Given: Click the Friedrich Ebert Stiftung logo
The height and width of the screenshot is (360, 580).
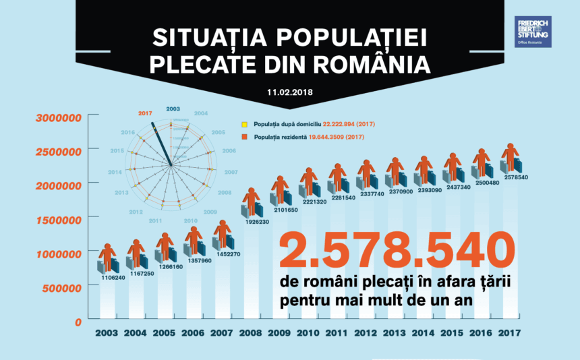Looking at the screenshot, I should click(533, 32).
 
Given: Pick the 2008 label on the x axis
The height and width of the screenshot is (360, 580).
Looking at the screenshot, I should click(251, 333).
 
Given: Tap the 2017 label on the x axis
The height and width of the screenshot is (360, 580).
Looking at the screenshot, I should click(511, 333).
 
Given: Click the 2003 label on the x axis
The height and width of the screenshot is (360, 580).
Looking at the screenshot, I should click(107, 333).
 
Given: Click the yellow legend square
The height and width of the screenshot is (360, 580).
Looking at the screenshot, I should click(247, 125).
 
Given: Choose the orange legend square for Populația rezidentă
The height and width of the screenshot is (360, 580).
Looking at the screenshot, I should click(247, 137).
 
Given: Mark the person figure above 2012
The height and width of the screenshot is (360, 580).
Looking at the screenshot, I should click(366, 173).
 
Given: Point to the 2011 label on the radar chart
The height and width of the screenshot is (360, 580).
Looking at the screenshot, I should click(156, 220).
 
